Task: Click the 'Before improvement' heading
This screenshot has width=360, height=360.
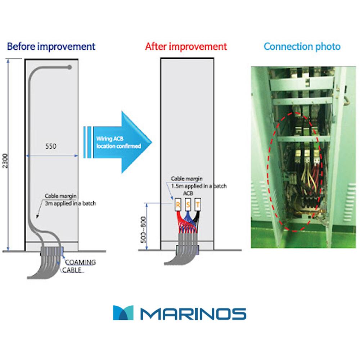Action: click(x=51, y=47)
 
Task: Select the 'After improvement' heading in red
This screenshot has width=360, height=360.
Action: click(x=186, y=47)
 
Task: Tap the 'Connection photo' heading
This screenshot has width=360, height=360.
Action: click(x=302, y=47)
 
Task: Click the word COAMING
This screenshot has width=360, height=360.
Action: click(x=80, y=262)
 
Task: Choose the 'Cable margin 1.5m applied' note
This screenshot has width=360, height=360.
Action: click(x=198, y=183)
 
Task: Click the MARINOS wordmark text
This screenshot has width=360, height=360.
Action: click(x=193, y=314)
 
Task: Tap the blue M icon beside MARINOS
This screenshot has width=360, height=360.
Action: click(x=123, y=313)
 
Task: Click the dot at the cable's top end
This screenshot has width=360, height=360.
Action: click(x=70, y=67)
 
